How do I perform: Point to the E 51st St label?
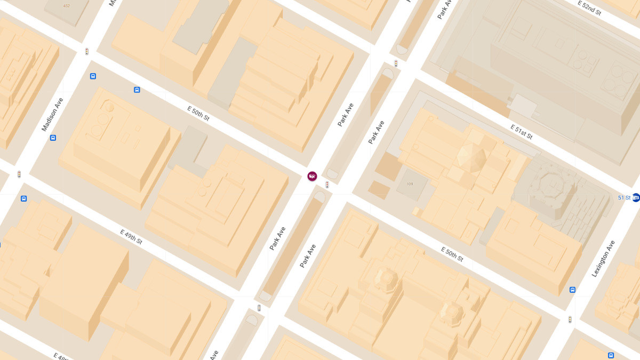click(521, 132)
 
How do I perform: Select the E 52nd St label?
click(589, 8)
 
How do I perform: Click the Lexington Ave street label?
click(603, 258)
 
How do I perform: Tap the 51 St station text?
click(624, 198)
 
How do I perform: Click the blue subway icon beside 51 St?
click(636, 197)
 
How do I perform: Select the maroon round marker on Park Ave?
click(312, 176)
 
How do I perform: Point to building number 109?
click(410, 184)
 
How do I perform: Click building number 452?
click(66, 6)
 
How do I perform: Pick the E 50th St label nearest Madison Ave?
click(198, 113)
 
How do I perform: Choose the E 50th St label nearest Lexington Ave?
click(452, 254)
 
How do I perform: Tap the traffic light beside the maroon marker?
click(327, 185)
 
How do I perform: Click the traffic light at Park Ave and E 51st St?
click(396, 63)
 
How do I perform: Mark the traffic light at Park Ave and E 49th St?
click(259, 308)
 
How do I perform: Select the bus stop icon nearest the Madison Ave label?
click(53, 138)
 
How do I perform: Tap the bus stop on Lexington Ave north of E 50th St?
click(572, 290)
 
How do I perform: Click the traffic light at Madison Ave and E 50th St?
click(86, 52)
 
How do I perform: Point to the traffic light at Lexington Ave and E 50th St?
click(570, 319)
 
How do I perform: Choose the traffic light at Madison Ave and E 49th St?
click(19, 174)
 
